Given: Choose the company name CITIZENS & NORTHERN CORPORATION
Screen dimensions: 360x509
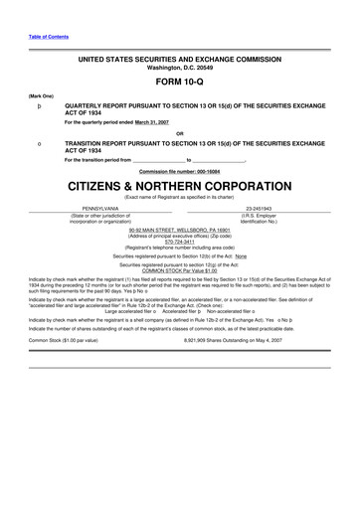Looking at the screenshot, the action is pyautogui.click(x=180, y=186).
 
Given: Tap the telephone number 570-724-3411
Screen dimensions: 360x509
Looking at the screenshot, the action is pyautogui.click(x=180, y=241).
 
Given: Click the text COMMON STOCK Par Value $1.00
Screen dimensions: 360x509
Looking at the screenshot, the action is pyautogui.click(x=180, y=270).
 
